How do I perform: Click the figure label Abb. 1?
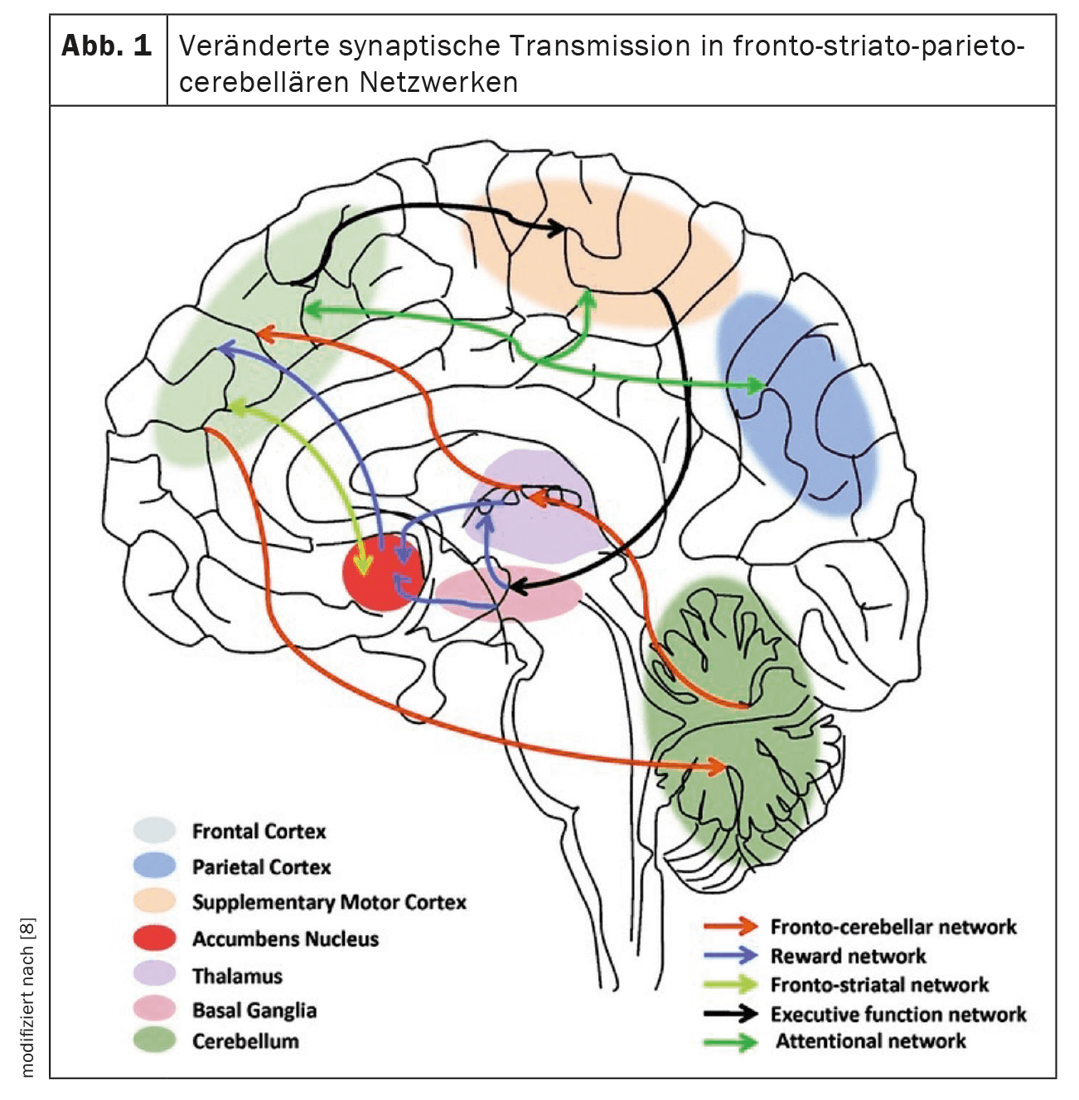107,46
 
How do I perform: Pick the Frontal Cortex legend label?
259,831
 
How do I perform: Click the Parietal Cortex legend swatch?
155,866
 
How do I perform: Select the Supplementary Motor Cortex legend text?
329,902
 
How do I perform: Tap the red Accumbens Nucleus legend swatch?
155,938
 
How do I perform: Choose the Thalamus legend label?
237,976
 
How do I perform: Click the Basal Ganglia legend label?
254,1010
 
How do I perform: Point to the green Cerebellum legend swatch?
155,1040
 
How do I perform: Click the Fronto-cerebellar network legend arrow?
730,926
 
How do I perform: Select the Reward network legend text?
848,956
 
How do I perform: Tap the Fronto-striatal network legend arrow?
730,985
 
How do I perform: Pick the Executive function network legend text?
898,1014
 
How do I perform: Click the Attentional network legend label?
870,1041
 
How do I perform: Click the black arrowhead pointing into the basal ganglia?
515,586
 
